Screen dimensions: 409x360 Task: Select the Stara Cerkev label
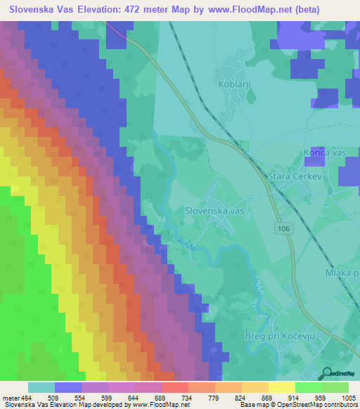pos(295,177)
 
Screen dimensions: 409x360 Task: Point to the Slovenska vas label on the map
pos(214,210)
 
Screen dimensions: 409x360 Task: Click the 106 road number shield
pos(283,229)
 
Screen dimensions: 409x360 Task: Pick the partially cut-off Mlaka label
pos(342,273)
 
